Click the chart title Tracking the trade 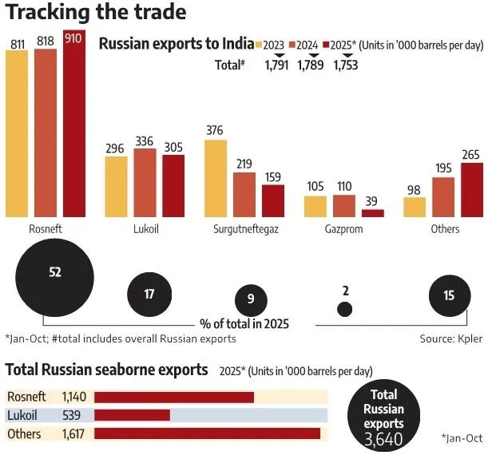(96, 14)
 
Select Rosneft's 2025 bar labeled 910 (73, 128)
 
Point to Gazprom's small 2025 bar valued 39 (373, 213)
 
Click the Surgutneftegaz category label (244, 229)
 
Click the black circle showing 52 (54, 273)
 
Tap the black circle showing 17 (149, 294)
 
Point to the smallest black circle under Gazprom (344, 308)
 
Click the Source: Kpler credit (451, 338)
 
